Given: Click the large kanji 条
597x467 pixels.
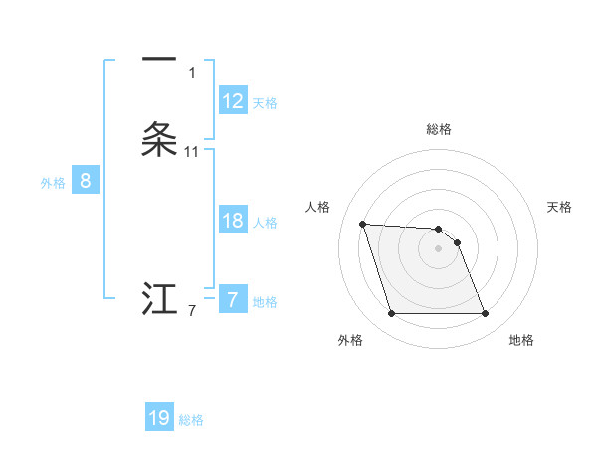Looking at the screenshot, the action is [159, 140].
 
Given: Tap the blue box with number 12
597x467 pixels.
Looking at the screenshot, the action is [233, 101].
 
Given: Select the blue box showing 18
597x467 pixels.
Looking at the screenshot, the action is [233, 221].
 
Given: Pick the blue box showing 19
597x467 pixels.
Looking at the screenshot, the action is [159, 418].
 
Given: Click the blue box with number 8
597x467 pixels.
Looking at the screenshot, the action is [86, 181].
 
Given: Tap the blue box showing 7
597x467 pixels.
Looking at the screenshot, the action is [233, 300].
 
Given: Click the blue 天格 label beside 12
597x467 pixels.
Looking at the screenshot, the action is [265, 102].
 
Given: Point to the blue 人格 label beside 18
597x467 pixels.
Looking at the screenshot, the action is [265, 222].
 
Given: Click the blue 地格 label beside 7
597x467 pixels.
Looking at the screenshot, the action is [265, 301].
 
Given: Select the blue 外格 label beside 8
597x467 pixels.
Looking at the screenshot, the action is [53, 182].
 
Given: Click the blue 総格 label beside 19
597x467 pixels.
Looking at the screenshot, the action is [191, 419].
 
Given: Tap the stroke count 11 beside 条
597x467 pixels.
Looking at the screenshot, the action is [192, 152].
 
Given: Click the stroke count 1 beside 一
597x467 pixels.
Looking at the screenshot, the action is [192, 73].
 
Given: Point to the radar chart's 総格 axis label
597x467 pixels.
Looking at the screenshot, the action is [439, 129].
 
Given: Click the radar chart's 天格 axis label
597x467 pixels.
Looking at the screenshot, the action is [559, 207].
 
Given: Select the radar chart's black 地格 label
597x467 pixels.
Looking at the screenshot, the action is [521, 341].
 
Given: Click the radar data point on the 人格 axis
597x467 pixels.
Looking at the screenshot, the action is [363, 225].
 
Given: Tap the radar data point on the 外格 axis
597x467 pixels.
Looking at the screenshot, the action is [391, 314].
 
